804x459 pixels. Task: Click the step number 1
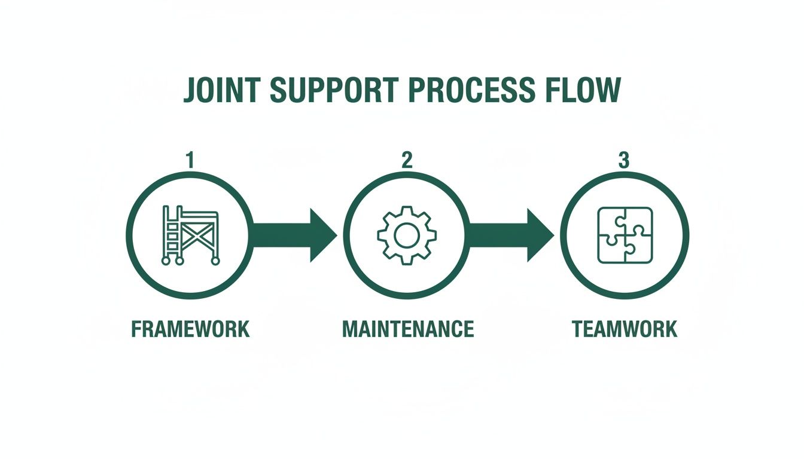(x=190, y=160)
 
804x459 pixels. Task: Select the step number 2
(x=407, y=160)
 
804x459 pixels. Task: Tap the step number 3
(x=624, y=160)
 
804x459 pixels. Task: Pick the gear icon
(x=407, y=235)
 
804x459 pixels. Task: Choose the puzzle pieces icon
(x=625, y=235)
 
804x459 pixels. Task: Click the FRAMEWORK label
(x=190, y=329)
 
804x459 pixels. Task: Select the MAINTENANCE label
(x=408, y=329)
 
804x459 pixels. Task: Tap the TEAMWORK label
(x=625, y=329)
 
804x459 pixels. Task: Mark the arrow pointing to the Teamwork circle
(x=511, y=235)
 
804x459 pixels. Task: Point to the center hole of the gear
(x=407, y=235)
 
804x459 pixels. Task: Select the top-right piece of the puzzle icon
(x=638, y=221)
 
